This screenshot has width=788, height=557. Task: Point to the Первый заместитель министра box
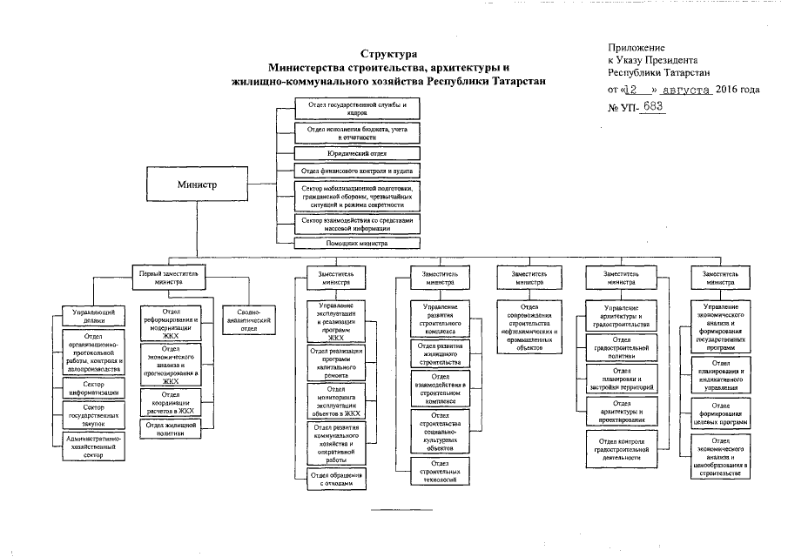[x=171, y=278]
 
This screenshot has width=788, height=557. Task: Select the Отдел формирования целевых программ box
[x=720, y=413]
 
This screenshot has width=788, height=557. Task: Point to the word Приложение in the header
[x=636, y=46]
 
